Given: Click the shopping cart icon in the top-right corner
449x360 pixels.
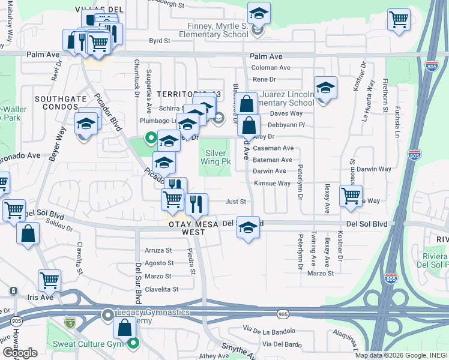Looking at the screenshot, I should tap(399, 19).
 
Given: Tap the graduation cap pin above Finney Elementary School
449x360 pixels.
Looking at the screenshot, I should tap(259, 13).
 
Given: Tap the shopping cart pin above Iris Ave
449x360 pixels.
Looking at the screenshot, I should tap(49, 280).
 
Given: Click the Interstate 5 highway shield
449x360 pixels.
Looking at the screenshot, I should tap(70, 323).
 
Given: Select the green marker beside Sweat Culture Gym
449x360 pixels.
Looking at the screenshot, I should tap(133, 344).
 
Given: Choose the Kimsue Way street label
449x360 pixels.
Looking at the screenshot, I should tap(272, 183).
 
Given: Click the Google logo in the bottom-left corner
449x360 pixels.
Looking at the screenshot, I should tap(20, 353).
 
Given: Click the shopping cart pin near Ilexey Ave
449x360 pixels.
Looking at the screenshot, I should tap(351, 195).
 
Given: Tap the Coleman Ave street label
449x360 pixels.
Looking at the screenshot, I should tap(271, 68).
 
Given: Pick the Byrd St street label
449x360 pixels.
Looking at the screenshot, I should tap(160, 41).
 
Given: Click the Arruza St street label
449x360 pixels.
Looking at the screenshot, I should tap(158, 250).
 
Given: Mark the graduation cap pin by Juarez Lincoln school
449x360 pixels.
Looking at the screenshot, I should tap(325, 88).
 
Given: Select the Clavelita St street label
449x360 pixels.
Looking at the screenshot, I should tap(158, 289).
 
